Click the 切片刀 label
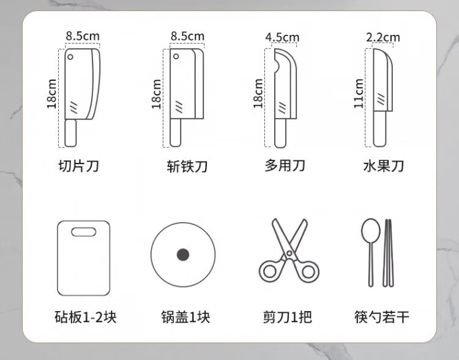coord(79,166)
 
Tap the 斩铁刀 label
coord(187,167)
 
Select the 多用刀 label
coord(285,165)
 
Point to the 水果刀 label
coord(384,166)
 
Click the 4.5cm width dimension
coord(282,37)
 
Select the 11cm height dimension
coord(359,94)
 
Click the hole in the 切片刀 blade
coord(70,57)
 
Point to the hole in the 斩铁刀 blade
coord(176,56)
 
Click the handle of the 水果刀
coord(379,129)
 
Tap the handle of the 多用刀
coord(280,133)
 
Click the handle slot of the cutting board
coord(84,232)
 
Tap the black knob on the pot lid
coord(183,255)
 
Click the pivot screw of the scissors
coord(289,253)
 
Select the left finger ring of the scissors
coord(269,271)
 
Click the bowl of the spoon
coord(371,230)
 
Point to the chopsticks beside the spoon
coord(388,252)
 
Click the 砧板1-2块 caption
coord(86,317)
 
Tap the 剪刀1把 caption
coord(287,317)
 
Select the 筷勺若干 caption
coord(382,317)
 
